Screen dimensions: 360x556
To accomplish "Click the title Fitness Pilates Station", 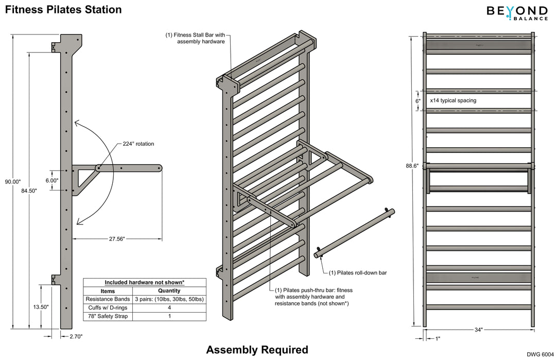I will (63, 10).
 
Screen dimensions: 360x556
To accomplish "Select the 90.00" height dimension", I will (12, 181).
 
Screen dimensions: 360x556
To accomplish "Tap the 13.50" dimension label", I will (40, 306).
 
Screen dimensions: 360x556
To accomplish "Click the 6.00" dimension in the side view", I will (51, 181).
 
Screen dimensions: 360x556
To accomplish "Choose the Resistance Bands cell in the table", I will (108, 299).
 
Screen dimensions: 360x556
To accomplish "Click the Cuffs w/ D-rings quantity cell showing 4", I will (169, 307).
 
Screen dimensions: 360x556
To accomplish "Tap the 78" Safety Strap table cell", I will (108, 316).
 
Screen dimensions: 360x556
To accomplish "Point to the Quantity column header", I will (169, 291).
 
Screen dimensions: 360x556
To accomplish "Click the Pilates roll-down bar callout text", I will (357, 272).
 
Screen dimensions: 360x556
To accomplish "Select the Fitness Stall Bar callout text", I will (195, 38).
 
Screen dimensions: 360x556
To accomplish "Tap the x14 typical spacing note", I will (453, 100).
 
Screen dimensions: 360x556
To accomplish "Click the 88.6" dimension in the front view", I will (412, 166).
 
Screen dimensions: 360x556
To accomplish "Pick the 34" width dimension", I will (478, 330).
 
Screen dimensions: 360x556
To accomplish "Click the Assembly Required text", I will (257, 350).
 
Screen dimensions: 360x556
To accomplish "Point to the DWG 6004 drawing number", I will (540, 354).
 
